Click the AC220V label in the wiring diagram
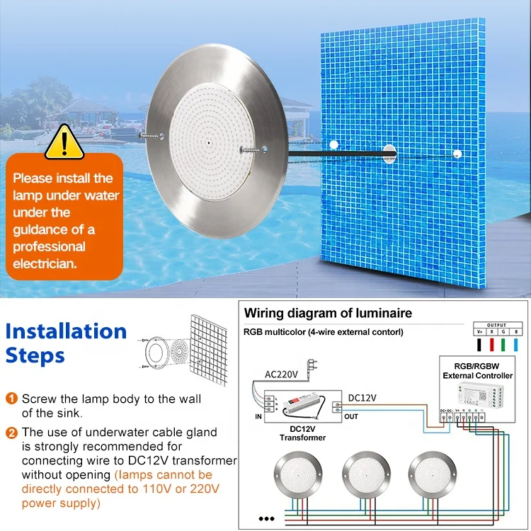tap(281, 373)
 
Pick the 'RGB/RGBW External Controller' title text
tap(477, 371)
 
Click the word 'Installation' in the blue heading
tap(66, 331)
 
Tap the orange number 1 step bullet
tap(12, 399)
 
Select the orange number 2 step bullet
tap(12, 432)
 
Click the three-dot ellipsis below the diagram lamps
tap(266, 518)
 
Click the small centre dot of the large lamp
tap(210, 142)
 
